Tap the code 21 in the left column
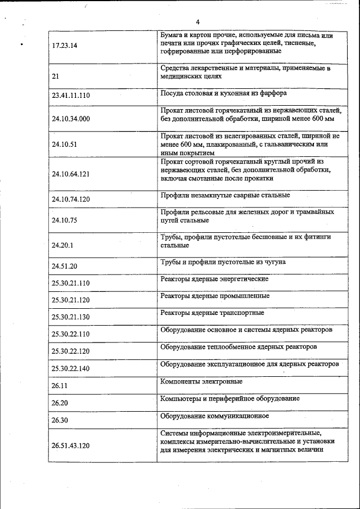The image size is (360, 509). [55, 75]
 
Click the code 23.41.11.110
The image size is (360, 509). [70, 96]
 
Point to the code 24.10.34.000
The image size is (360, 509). [70, 119]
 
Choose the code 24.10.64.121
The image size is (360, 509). [70, 173]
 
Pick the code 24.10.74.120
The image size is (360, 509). [70, 199]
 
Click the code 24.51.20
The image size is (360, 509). [64, 266]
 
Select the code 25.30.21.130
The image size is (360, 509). [70, 317]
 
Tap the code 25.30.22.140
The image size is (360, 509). [70, 368]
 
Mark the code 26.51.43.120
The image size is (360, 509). [70, 446]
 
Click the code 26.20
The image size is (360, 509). [59, 403]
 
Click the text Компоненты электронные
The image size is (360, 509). [201, 381]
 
